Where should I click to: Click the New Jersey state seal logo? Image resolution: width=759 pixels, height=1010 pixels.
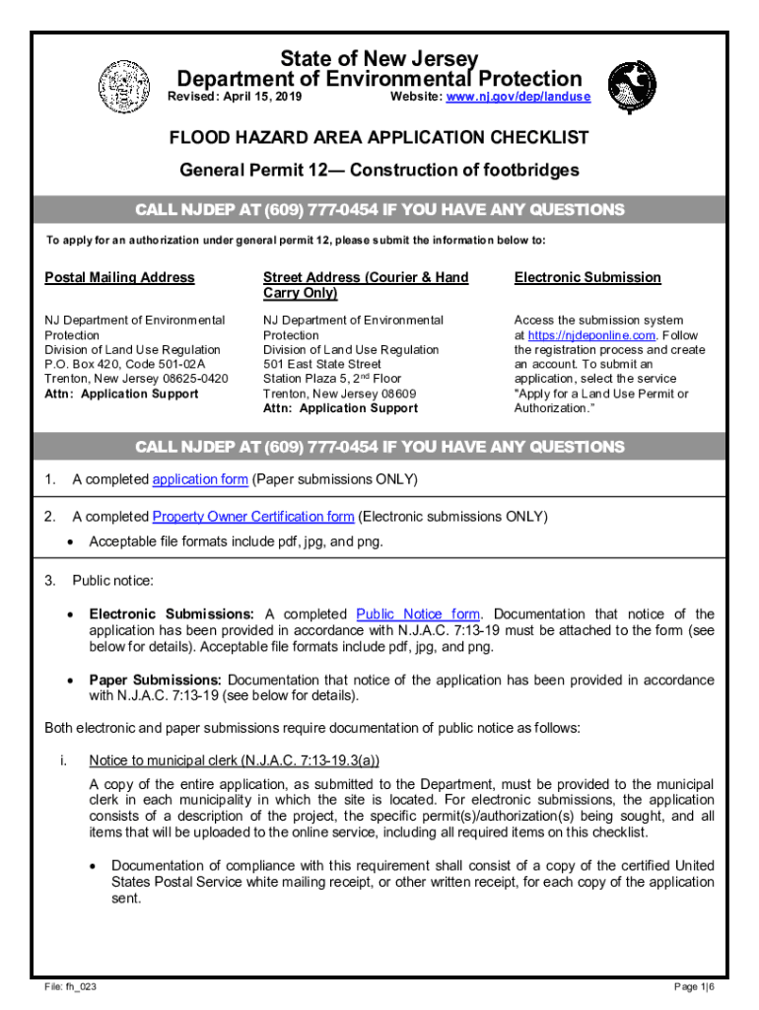click(123, 86)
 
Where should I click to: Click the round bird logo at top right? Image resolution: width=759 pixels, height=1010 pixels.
click(631, 87)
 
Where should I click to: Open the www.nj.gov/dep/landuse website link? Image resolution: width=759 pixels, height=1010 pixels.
click(518, 97)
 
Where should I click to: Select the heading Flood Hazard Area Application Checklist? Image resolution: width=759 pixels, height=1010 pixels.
click(379, 137)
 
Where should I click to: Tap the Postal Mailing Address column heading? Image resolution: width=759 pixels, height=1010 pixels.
click(119, 277)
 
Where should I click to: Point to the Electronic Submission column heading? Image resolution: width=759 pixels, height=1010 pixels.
click(587, 277)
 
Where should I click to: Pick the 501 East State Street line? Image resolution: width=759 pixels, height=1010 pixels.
click(321, 364)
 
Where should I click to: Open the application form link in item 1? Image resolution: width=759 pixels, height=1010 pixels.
click(199, 480)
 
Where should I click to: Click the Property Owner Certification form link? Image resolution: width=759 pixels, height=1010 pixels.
click(253, 517)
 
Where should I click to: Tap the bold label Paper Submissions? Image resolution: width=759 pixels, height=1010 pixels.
click(157, 681)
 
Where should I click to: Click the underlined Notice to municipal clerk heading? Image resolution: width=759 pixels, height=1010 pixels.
click(234, 760)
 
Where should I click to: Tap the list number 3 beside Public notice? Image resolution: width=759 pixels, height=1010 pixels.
click(49, 579)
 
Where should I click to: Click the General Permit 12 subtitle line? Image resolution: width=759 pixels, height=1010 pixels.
click(379, 171)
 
